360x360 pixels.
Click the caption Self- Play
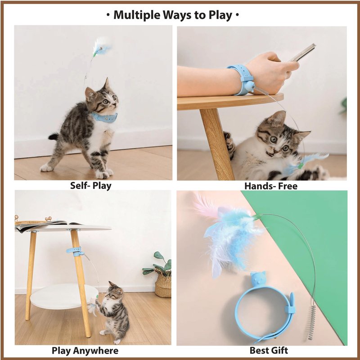91,186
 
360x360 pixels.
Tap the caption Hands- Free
271,186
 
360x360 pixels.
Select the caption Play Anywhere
85,351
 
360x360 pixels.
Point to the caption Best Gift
269,351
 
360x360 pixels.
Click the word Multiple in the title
137,15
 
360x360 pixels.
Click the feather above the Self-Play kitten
101,48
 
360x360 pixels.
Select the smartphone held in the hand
302,53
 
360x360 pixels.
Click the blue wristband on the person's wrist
241,79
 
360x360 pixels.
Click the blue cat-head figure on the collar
258,279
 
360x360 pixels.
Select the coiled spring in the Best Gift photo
311,323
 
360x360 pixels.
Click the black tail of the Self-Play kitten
54,137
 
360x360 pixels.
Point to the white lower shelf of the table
64,296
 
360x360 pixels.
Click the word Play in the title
220,16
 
